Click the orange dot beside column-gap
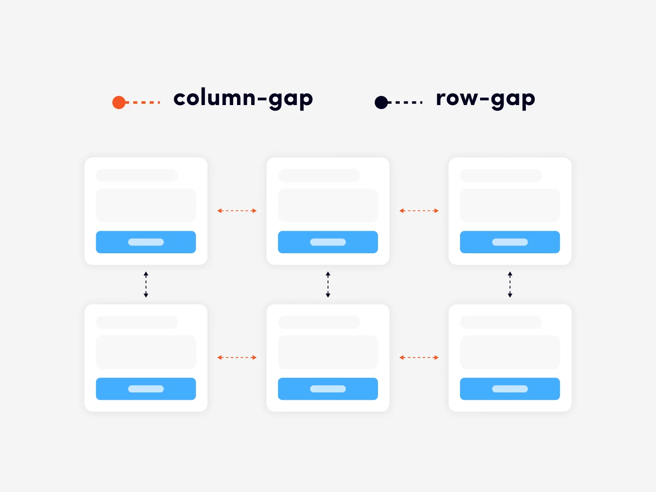(x=119, y=102)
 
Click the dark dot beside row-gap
(x=381, y=102)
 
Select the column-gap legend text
(x=243, y=99)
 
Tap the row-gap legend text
(x=485, y=99)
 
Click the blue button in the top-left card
(x=146, y=242)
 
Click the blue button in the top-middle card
(x=328, y=242)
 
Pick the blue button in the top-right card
(x=510, y=242)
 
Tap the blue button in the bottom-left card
(x=146, y=389)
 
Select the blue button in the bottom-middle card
(x=328, y=389)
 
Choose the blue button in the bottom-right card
(x=510, y=389)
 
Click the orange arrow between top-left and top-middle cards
(x=237, y=211)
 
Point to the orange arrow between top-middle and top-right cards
(x=419, y=211)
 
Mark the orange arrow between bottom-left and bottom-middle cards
(x=237, y=357)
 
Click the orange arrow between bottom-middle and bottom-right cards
(x=419, y=357)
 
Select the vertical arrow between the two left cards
(x=146, y=284)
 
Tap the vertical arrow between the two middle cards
(x=328, y=284)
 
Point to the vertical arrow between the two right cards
(x=510, y=284)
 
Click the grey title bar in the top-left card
(x=137, y=176)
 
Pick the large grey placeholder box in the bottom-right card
(x=510, y=352)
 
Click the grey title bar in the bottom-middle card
(x=319, y=322)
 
